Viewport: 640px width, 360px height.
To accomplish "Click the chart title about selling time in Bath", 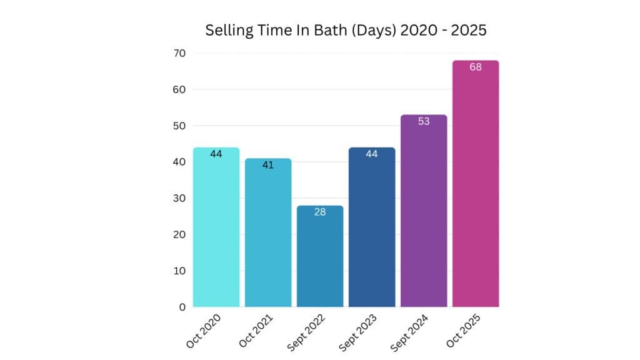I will [346, 31].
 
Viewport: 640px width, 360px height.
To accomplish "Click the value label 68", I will [475, 67].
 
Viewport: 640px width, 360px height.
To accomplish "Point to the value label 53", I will [423, 121].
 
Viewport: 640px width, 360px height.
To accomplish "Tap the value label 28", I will [319, 212].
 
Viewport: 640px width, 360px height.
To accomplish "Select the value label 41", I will [267, 165].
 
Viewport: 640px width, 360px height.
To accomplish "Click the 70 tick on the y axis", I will [179, 53].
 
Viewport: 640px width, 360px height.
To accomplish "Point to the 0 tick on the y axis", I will [182, 307].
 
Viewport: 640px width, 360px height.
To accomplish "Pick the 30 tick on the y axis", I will [179, 198].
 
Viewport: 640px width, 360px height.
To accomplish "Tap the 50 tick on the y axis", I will [179, 126].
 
